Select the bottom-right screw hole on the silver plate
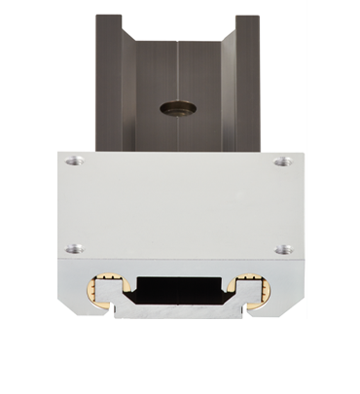point(283,249)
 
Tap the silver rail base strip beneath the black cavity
point(179,312)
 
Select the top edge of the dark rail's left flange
point(109,17)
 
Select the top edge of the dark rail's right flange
point(247,17)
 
